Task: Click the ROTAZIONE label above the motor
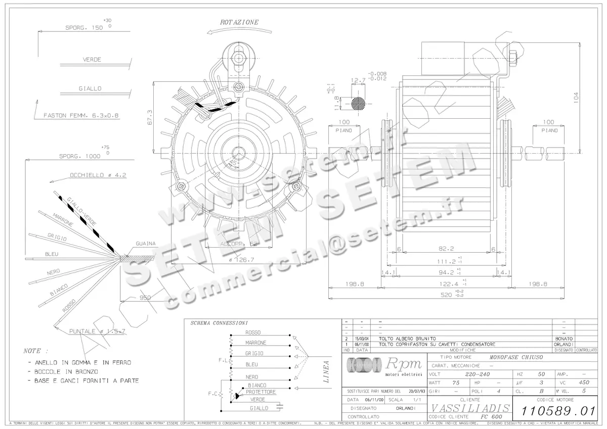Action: click(x=239, y=22)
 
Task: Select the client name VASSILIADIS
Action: click(x=470, y=408)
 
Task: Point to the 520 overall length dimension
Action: click(x=446, y=295)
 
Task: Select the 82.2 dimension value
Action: click(x=446, y=249)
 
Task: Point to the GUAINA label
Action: click(x=145, y=244)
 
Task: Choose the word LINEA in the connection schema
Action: click(x=326, y=371)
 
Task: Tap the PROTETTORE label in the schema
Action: click(x=261, y=392)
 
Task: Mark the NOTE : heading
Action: click(x=36, y=350)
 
